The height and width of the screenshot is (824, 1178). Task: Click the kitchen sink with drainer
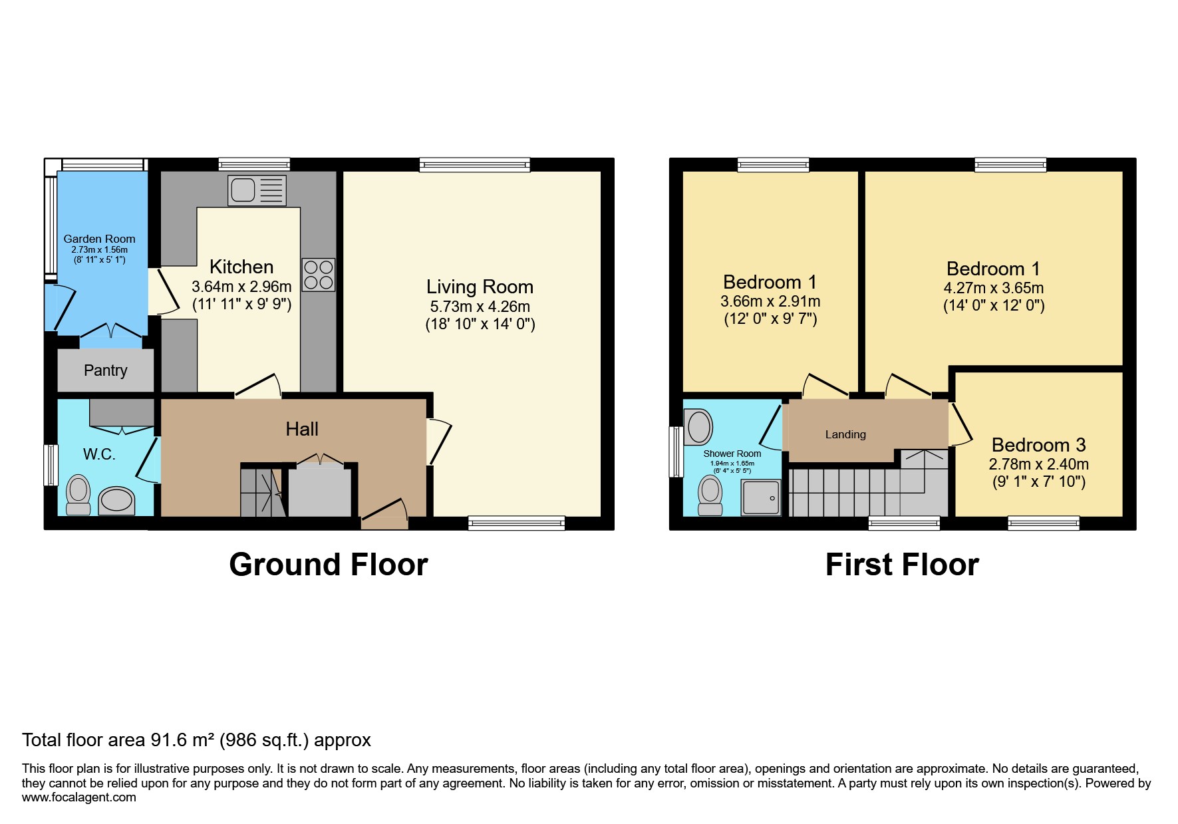click(x=257, y=190)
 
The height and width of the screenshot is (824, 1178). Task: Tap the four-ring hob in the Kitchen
click(x=318, y=275)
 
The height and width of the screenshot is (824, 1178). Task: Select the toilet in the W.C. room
click(x=78, y=495)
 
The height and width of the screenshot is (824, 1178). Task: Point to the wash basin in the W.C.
click(x=116, y=500)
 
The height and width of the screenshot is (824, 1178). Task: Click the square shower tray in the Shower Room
click(x=761, y=497)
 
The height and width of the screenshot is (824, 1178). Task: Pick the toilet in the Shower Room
click(x=710, y=495)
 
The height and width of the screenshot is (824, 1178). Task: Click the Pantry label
click(x=105, y=370)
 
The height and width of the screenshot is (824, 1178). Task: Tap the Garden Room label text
click(x=99, y=239)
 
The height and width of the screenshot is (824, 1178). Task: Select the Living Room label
click(x=480, y=287)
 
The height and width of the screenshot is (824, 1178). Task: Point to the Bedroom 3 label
click(x=1038, y=445)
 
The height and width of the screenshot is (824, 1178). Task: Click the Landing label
click(x=845, y=434)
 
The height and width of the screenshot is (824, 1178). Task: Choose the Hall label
click(x=302, y=429)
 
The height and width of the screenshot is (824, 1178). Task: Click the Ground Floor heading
click(x=329, y=565)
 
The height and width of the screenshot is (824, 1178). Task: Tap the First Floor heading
click(x=902, y=565)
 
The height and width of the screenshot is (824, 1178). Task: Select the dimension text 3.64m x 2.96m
click(x=241, y=287)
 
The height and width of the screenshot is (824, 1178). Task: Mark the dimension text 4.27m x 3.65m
click(x=993, y=288)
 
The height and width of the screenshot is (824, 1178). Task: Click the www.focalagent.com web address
click(x=78, y=797)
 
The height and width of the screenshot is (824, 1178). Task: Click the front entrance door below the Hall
click(x=384, y=518)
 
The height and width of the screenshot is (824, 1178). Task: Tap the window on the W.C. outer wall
click(x=51, y=465)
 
